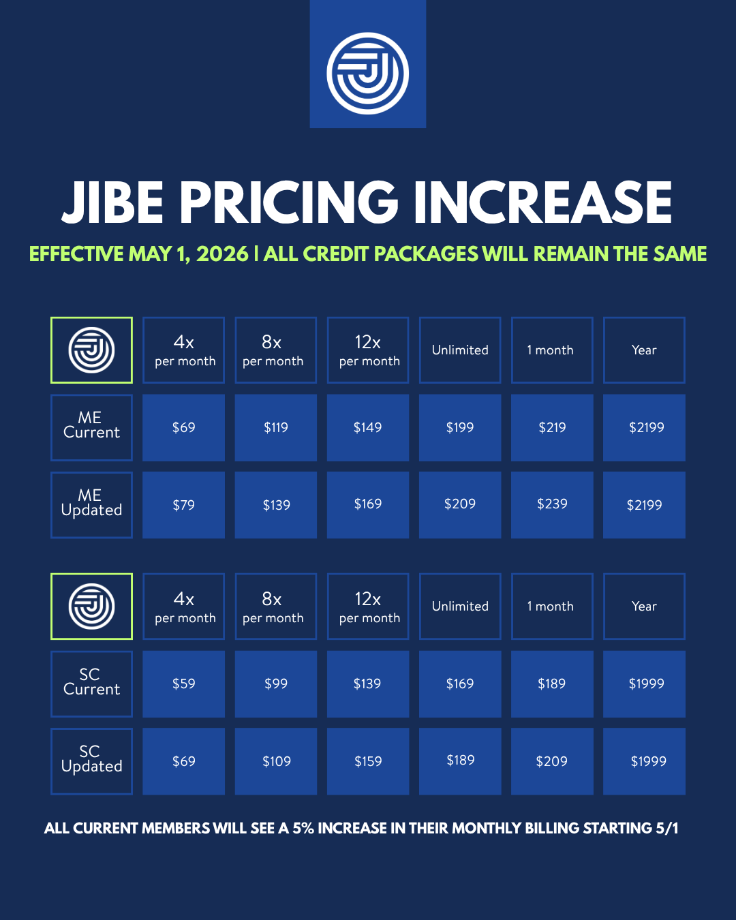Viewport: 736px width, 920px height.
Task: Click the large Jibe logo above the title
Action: tap(368, 74)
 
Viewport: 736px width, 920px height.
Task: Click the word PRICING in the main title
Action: tap(289, 202)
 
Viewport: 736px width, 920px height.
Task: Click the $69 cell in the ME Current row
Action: tap(184, 427)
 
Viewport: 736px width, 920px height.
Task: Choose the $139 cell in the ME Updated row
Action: tap(276, 505)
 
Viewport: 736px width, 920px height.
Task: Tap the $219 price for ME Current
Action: tap(552, 427)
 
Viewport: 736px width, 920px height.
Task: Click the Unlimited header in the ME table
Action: tap(460, 350)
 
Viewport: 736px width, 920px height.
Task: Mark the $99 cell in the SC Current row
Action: tap(276, 684)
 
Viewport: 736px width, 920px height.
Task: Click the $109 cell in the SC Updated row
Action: tap(276, 761)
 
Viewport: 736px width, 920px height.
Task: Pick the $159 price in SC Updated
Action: tap(368, 761)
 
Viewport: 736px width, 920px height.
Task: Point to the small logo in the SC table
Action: tap(91, 607)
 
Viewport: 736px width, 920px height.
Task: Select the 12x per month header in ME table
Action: tap(368, 350)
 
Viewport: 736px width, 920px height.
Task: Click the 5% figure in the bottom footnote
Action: tap(303, 829)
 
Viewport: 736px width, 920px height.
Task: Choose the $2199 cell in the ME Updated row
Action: tap(645, 505)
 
